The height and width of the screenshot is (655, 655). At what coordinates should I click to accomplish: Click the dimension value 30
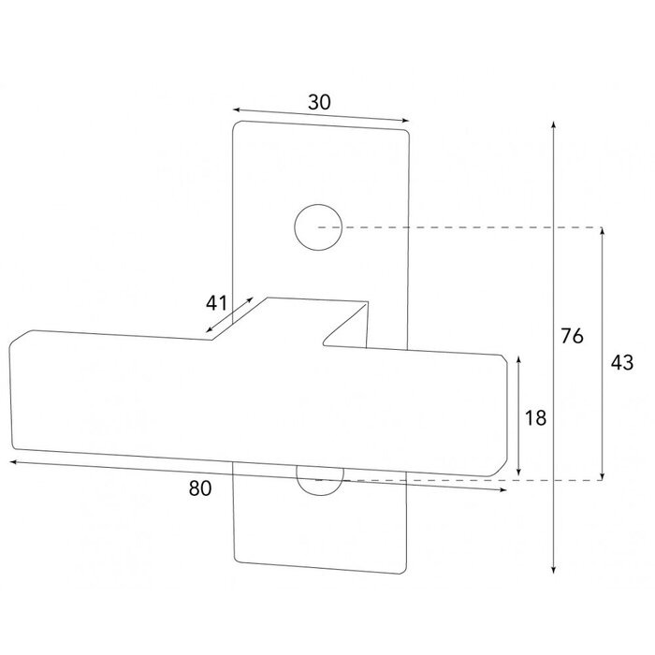pyautogui.click(x=318, y=102)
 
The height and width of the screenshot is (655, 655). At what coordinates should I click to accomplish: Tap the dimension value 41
pyautogui.click(x=217, y=302)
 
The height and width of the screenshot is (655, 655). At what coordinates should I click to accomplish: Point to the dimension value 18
pyautogui.click(x=535, y=418)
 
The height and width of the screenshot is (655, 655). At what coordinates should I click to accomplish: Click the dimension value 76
pyautogui.click(x=573, y=334)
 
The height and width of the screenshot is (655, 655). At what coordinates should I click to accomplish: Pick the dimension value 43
pyautogui.click(x=620, y=361)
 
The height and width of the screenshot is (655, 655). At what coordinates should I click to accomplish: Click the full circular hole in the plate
pyautogui.click(x=315, y=227)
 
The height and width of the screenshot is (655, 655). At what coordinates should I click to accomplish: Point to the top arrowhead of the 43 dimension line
pyautogui.click(x=603, y=230)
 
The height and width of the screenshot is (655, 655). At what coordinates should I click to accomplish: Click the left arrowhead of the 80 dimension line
pyautogui.click(x=13, y=461)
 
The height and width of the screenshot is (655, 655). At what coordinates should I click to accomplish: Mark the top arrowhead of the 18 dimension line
pyautogui.click(x=517, y=359)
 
